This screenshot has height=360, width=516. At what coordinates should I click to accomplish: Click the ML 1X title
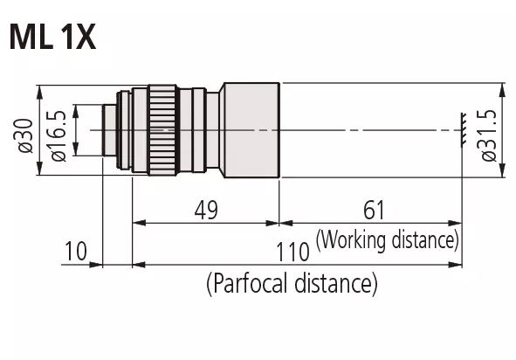[52, 37]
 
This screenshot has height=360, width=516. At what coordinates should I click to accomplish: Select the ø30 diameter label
[25, 135]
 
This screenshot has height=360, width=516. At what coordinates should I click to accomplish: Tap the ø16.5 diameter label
[58, 135]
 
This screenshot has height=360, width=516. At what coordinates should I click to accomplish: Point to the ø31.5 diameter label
[488, 135]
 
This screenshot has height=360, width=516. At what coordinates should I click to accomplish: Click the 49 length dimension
[206, 210]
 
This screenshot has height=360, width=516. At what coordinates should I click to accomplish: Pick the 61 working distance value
[374, 210]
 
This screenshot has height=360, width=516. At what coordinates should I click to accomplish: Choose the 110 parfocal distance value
[292, 252]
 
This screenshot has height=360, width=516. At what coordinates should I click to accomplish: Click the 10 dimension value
[76, 251]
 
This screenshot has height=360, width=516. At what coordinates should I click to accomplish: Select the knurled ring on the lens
[162, 130]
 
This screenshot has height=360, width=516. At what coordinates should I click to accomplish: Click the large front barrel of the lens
[251, 130]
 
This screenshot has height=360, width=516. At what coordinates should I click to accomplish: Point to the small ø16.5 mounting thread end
[110, 130]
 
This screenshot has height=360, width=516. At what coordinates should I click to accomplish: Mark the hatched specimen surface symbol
[464, 128]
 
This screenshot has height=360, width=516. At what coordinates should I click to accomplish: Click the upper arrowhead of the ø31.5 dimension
[502, 90]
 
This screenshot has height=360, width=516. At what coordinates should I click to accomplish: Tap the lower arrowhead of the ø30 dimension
[39, 169]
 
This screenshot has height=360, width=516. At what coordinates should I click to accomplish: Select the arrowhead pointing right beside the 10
[96, 265]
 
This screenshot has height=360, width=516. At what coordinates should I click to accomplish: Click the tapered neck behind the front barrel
[222, 130]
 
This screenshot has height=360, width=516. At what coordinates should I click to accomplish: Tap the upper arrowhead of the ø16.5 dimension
[76, 112]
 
